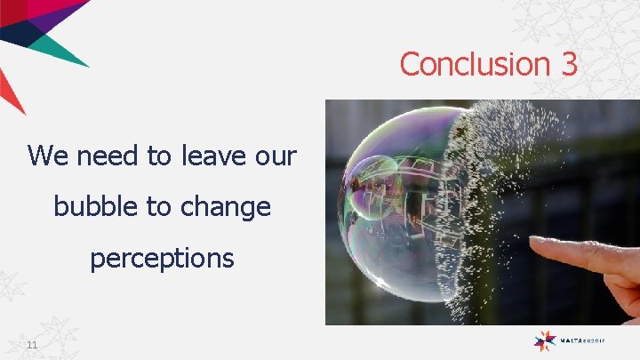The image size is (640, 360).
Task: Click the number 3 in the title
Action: click(569, 64)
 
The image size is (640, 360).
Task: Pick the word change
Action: click(224, 208)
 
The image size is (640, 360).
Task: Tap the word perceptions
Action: click(162, 259)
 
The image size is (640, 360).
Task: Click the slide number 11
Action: click(32, 345)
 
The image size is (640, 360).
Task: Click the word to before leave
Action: click(160, 156)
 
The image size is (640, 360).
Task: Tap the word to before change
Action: click(157, 206)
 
